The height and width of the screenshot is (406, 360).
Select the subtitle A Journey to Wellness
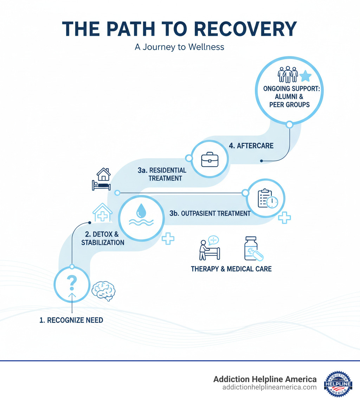tap(180, 47)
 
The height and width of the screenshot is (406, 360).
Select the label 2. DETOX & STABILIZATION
tap(103, 238)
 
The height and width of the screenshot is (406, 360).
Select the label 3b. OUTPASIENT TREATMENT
tap(210, 213)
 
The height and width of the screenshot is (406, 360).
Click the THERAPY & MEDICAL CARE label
tap(231, 269)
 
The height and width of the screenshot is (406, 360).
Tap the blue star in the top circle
tap(306, 76)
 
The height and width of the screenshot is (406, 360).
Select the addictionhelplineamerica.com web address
tap(269, 387)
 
